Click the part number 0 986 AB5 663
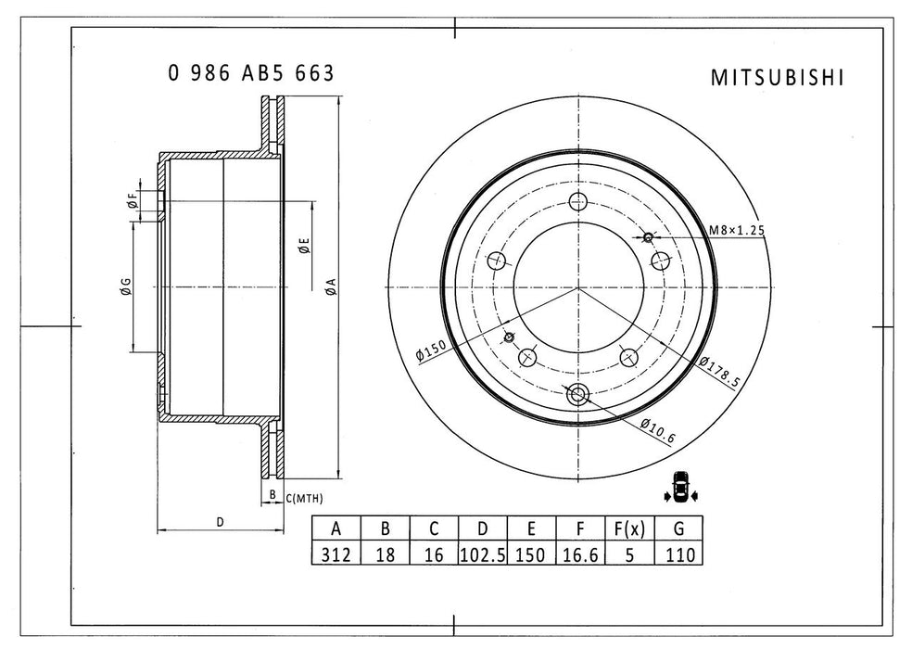click(250, 74)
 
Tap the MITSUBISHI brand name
click(777, 78)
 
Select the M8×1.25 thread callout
click(737, 230)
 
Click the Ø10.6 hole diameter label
click(656, 427)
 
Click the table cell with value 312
click(336, 554)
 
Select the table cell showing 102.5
click(482, 554)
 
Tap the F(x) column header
click(628, 529)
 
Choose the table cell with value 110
click(678, 554)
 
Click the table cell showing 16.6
click(579, 554)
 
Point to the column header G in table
click(678, 529)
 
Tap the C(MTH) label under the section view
click(304, 499)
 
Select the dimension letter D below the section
click(220, 522)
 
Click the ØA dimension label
click(329, 287)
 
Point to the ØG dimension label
click(125, 287)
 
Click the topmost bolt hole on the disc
click(579, 202)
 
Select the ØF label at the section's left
click(133, 200)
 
